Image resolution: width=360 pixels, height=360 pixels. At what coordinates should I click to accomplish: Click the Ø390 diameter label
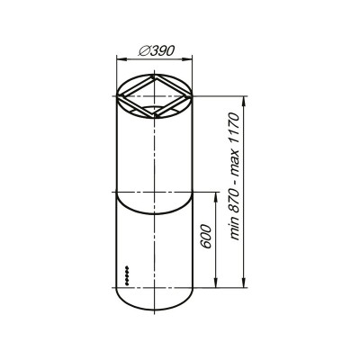tap(157, 50)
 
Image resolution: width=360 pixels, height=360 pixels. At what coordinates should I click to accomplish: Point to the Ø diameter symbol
tap(143, 51)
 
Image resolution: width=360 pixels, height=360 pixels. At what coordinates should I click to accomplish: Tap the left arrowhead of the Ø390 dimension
tap(121, 59)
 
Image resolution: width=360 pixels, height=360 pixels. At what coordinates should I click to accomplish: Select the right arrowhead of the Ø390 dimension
tap(188, 59)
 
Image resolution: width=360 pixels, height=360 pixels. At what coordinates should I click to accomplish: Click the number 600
tap(206, 237)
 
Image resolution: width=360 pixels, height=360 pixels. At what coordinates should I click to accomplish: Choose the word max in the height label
tap(235, 165)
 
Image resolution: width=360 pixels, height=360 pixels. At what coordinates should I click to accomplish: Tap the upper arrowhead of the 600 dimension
tap(215, 197)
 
